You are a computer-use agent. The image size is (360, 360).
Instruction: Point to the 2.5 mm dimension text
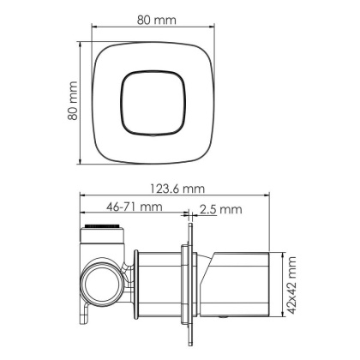point(220,208)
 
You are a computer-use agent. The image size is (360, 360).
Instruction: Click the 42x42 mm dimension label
point(294,283)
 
